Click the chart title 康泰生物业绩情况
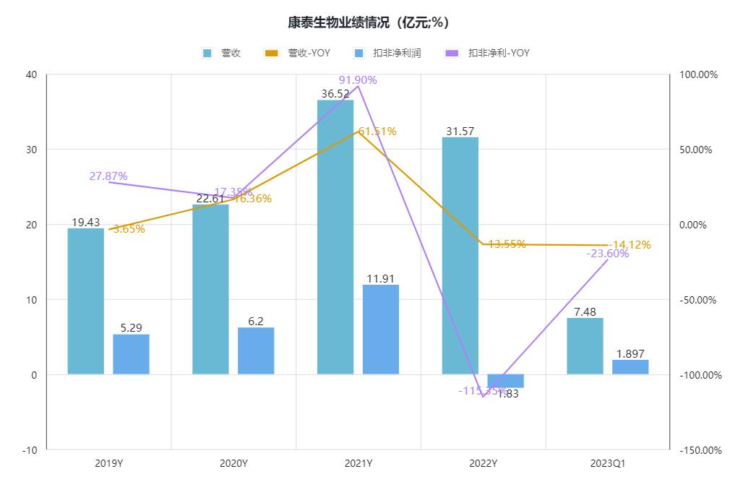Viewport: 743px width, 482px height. click(x=369, y=22)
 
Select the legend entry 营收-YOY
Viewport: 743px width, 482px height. click(x=299, y=53)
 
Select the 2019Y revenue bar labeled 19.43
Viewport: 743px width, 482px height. click(x=86, y=301)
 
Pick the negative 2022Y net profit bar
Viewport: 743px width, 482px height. click(x=505, y=381)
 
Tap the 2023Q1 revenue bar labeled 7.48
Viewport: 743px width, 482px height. click(x=585, y=346)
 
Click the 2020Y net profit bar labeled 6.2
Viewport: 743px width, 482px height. click(x=256, y=350)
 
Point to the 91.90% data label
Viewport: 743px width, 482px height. click(x=358, y=80)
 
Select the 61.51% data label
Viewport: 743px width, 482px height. click(x=377, y=132)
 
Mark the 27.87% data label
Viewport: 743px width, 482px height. click(x=108, y=176)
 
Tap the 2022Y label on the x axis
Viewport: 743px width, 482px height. click(x=483, y=463)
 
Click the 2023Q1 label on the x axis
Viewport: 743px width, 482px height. click(x=608, y=463)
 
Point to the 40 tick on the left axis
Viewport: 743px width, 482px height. click(x=31, y=74)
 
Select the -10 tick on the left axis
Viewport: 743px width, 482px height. click(x=30, y=449)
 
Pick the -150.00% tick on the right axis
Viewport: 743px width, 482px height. click(x=698, y=449)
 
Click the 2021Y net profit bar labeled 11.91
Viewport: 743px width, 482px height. click(x=381, y=330)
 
